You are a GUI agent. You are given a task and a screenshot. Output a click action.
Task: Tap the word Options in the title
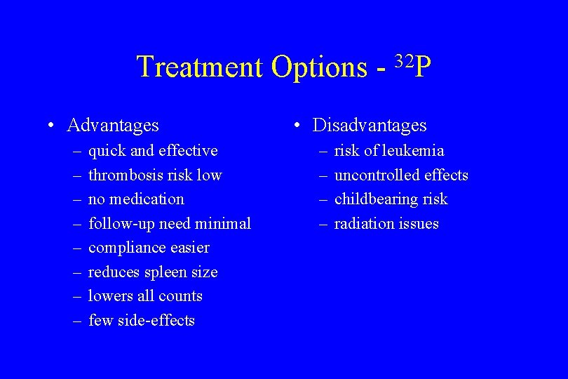coord(318,68)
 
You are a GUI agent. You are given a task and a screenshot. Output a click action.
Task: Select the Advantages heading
coord(113,126)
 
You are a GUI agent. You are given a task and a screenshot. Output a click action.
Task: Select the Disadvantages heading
coord(370,126)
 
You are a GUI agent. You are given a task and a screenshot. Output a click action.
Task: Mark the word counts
coord(180,296)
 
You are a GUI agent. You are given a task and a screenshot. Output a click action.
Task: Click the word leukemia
coord(413,151)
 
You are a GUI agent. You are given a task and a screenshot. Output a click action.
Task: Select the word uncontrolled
coord(376,175)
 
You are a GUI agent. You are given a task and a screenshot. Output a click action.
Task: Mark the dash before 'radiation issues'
coord(324,224)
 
